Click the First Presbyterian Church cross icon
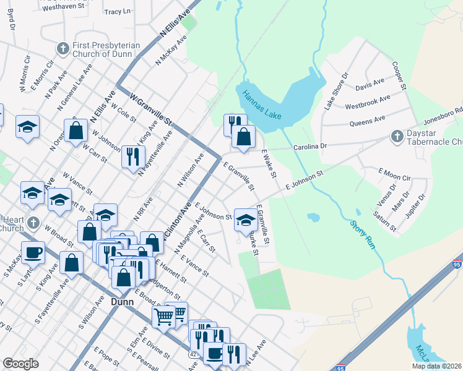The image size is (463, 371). click(x=62, y=48)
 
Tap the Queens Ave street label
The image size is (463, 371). click(x=368, y=119)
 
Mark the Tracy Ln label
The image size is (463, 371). click(x=118, y=12)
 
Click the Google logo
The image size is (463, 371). click(x=20, y=364)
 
